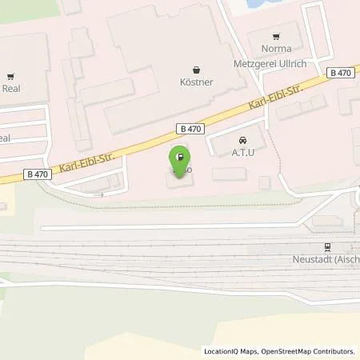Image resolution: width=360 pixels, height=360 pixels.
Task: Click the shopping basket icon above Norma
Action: [276, 36]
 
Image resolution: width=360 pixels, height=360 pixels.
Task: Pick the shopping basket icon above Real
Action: [10, 78]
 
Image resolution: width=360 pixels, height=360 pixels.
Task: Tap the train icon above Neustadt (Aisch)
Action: [326, 247]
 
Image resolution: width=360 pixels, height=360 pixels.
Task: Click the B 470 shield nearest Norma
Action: [340, 73]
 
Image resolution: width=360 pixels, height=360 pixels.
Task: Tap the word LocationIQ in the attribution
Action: [222, 351]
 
